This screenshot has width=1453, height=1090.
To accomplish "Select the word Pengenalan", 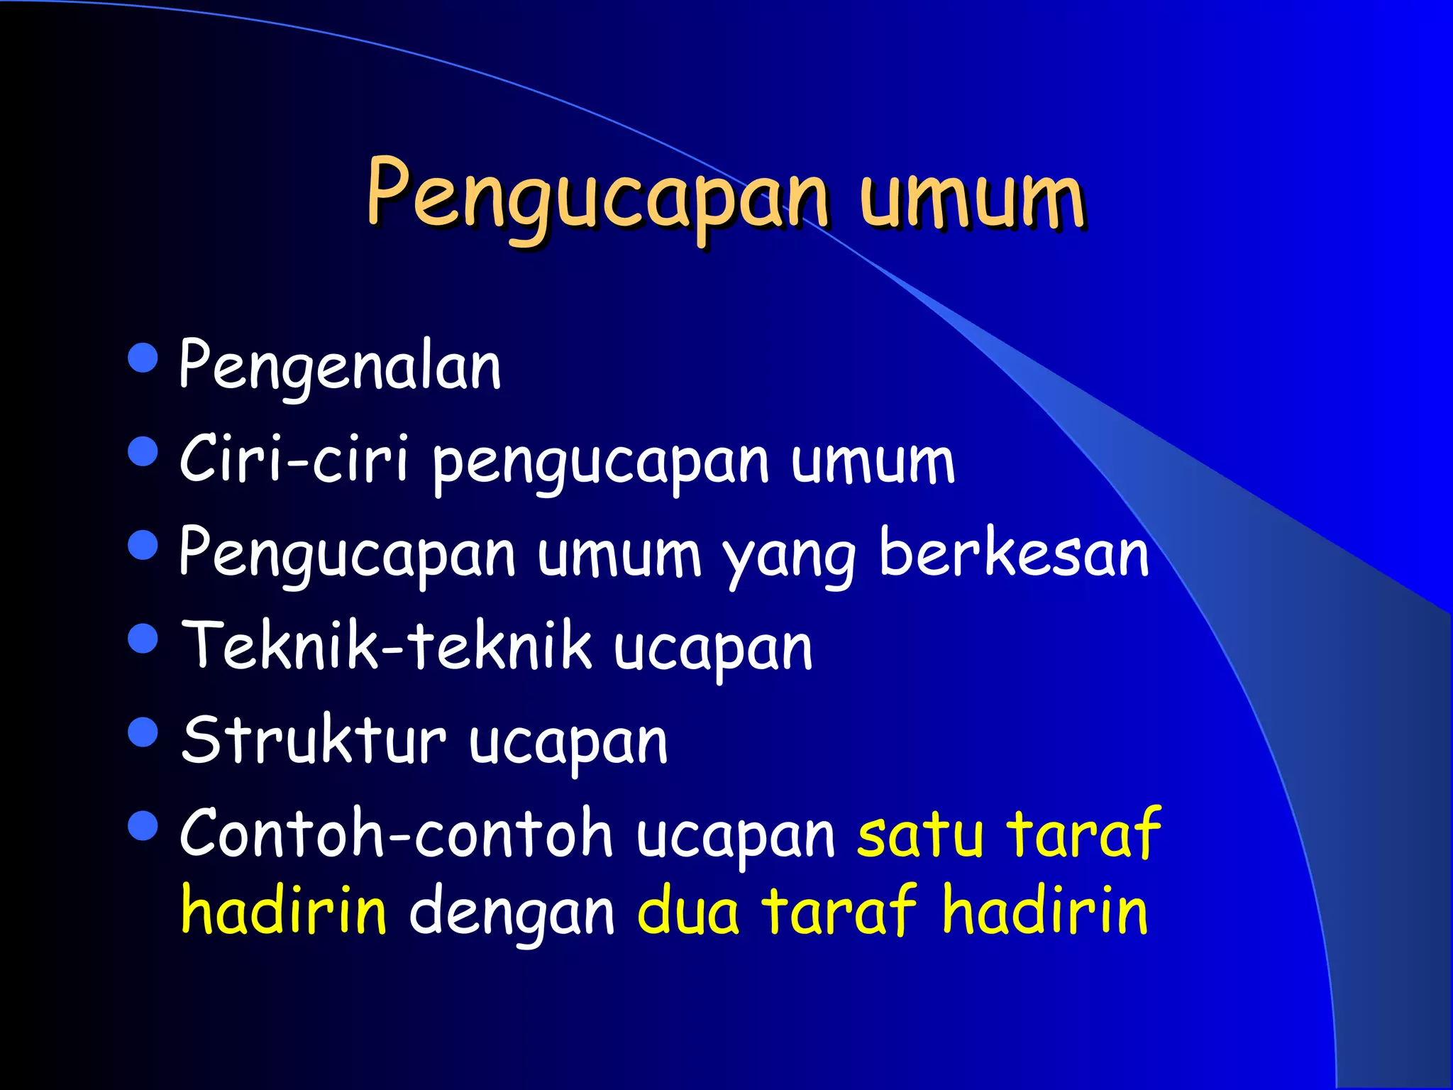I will [340, 366].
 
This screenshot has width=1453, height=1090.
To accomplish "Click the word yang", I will [790, 557].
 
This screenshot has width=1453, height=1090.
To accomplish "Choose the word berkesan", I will [1013, 554].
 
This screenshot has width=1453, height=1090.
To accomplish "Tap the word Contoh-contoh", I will [396, 833].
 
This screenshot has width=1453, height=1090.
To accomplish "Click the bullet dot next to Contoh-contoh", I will [143, 825].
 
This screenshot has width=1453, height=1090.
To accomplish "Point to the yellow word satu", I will [920, 835].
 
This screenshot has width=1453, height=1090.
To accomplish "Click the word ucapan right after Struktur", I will [568, 744].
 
